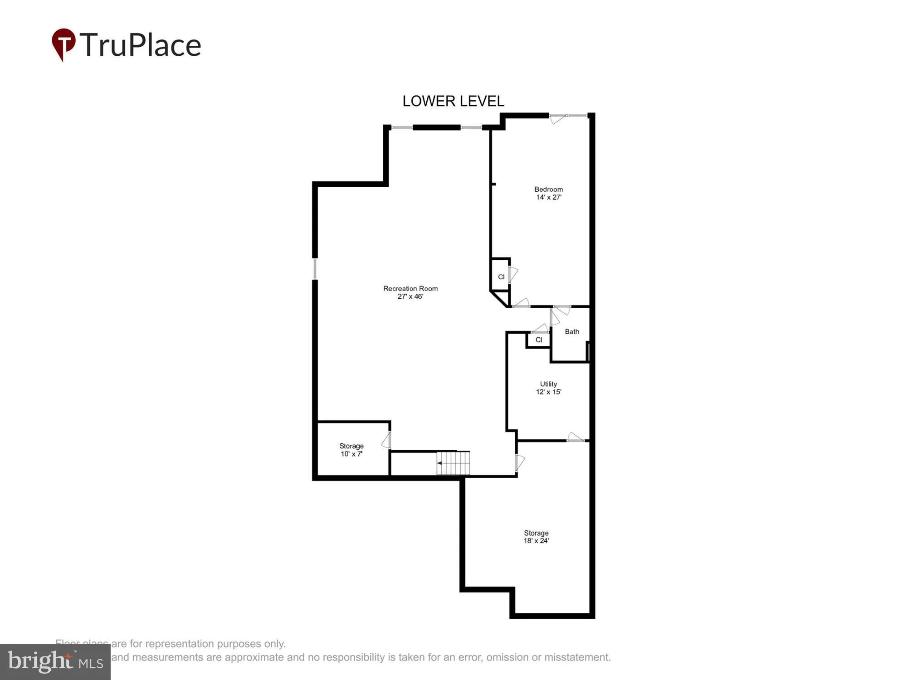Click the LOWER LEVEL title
pos(453,101)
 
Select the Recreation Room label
pos(410,288)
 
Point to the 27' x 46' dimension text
pos(410,296)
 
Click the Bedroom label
pos(548,189)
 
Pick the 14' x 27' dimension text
pos(549,197)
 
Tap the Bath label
pos(572,332)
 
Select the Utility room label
pos(548,384)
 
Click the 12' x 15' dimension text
pos(549,392)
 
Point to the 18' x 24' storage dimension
pos(536,541)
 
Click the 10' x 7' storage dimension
pos(351,454)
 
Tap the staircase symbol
pos(453,463)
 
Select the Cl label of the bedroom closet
pos(501,277)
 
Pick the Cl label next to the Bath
pos(539,340)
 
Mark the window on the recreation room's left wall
pos(315,269)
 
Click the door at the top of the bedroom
pos(558,119)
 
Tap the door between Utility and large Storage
pos(575,438)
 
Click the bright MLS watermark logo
pos(55,662)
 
